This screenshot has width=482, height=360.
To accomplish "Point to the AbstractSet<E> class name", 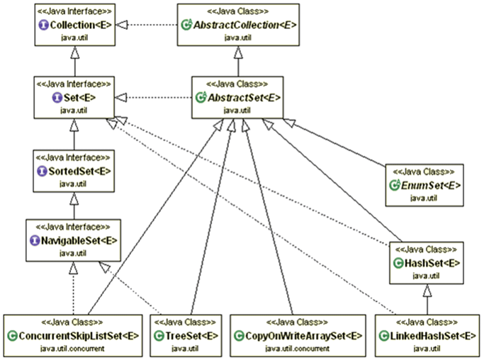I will coord(243,96).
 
